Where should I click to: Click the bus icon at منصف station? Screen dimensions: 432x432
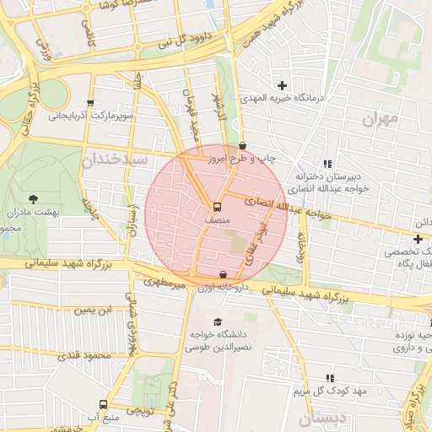pyautogui.click(x=217, y=206)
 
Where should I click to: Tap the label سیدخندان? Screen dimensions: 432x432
pyautogui.click(x=114, y=159)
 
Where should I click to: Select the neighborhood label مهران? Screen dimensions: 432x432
pyautogui.click(x=379, y=119)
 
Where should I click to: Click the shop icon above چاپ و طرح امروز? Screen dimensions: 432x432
pyautogui.click(x=242, y=145)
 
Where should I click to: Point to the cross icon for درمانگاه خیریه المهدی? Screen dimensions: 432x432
pyautogui.click(x=282, y=85)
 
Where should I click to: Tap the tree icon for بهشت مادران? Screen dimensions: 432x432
pyautogui.click(x=33, y=199)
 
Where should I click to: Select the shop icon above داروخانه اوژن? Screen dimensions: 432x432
pyautogui.click(x=223, y=274)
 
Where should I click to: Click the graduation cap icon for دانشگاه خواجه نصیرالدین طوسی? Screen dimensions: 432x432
pyautogui.click(x=219, y=321)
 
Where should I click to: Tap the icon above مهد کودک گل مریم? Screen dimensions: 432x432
pyautogui.click(x=329, y=379)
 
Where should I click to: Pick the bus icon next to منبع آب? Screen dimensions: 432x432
pyautogui.click(x=103, y=404)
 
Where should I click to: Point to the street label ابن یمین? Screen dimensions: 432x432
pyautogui.click(x=93, y=310)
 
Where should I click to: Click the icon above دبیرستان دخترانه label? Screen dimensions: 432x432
pyautogui.click(x=327, y=164)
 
